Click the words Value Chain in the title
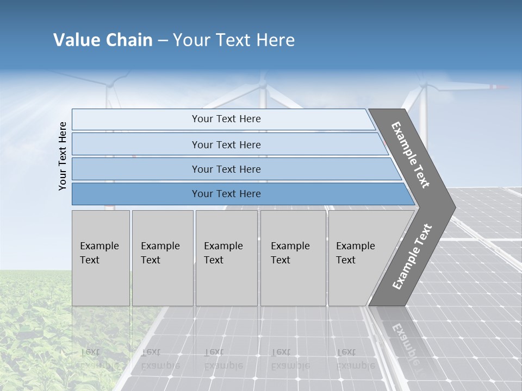point(103,40)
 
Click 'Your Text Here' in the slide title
point(234,40)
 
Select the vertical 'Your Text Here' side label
point(63,156)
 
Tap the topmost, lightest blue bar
point(226,119)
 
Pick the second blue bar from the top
point(226,144)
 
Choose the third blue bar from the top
point(226,169)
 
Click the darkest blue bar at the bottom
point(226,194)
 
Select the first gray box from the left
point(101,257)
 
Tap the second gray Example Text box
point(162,257)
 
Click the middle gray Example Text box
point(226,257)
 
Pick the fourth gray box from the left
point(293,257)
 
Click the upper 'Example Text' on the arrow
point(411,155)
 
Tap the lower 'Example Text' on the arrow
point(412,256)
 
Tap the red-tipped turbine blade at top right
point(498,87)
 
